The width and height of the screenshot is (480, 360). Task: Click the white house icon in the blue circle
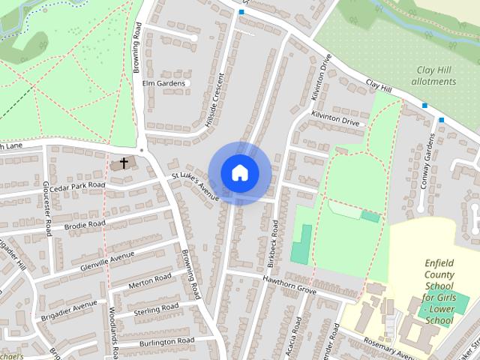pos(239,172)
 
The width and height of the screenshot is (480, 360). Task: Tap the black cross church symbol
pos(124,162)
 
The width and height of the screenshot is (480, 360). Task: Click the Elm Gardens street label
pos(163,83)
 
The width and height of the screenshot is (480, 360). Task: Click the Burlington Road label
pos(167,340)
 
